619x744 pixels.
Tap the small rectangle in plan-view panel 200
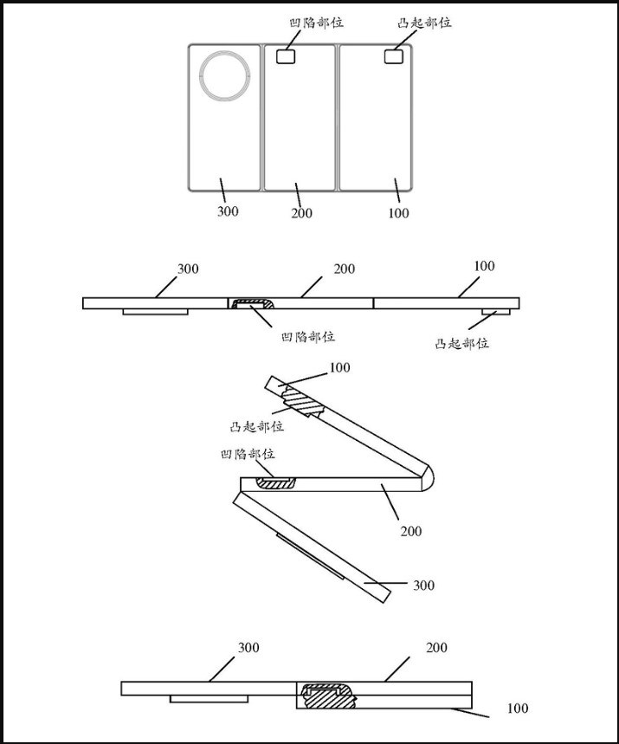(x=285, y=56)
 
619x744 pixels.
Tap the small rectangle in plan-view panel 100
(x=394, y=56)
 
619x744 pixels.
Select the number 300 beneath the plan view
(x=228, y=210)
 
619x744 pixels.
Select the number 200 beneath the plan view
(x=301, y=213)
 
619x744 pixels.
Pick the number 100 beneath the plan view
(x=398, y=213)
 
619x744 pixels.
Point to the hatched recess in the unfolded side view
(x=251, y=303)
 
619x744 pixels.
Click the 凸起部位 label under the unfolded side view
(x=462, y=343)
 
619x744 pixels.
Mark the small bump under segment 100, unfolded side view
(x=495, y=313)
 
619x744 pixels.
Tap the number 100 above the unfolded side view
(x=484, y=266)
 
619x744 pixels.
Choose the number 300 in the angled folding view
(x=423, y=585)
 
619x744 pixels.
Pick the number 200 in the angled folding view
(x=411, y=530)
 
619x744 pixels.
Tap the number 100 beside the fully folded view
(x=517, y=708)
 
